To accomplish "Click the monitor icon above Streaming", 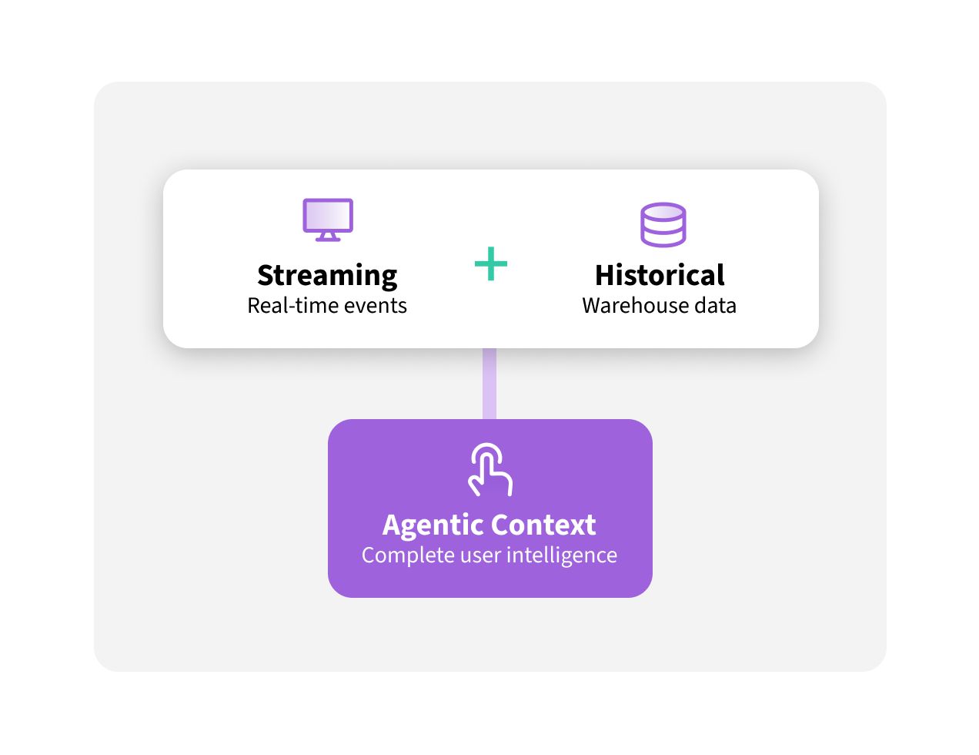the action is (x=328, y=219).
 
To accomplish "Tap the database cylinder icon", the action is (x=663, y=224).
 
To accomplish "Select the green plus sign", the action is (x=491, y=264).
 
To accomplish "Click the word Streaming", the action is (x=327, y=275).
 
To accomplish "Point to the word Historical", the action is (x=660, y=275).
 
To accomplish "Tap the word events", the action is (x=376, y=306).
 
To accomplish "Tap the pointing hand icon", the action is (x=490, y=470).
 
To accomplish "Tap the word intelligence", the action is (x=562, y=555).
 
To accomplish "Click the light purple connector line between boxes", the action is (x=489, y=384).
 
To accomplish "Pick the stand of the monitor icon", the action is (x=328, y=237).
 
